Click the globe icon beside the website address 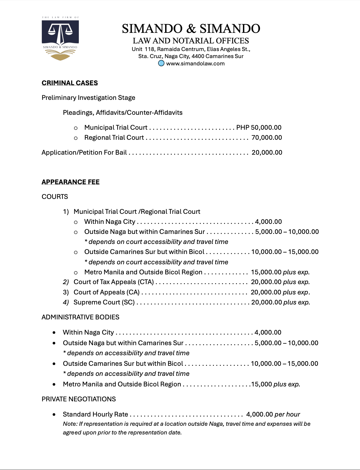[161, 63]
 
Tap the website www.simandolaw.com [195, 63]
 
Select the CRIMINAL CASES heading [70, 83]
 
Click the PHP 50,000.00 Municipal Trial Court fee [259, 127]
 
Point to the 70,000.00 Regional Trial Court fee [267, 138]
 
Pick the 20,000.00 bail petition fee [267, 153]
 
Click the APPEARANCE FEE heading [70, 182]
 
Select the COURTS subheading [55, 197]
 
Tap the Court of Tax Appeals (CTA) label [114, 282]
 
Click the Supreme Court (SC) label [104, 302]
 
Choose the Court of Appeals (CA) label [107, 292]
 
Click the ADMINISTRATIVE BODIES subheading [81, 317]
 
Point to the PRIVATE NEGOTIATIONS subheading [79, 399]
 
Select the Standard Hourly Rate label [95, 414]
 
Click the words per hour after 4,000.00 [287, 414]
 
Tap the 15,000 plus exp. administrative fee [276, 384]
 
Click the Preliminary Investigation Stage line [88, 98]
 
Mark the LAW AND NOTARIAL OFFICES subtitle [191, 41]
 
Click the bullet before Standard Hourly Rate [54, 414]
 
